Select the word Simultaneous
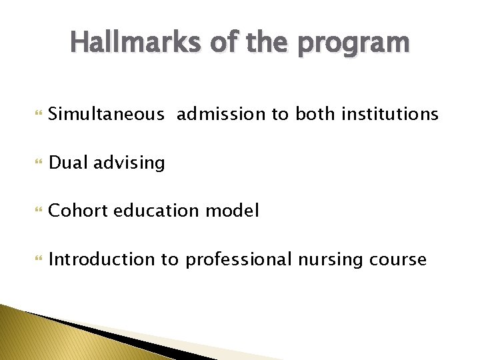[x=106, y=115]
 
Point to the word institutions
[x=389, y=115]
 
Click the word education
[x=155, y=211]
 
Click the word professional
[x=238, y=260]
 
